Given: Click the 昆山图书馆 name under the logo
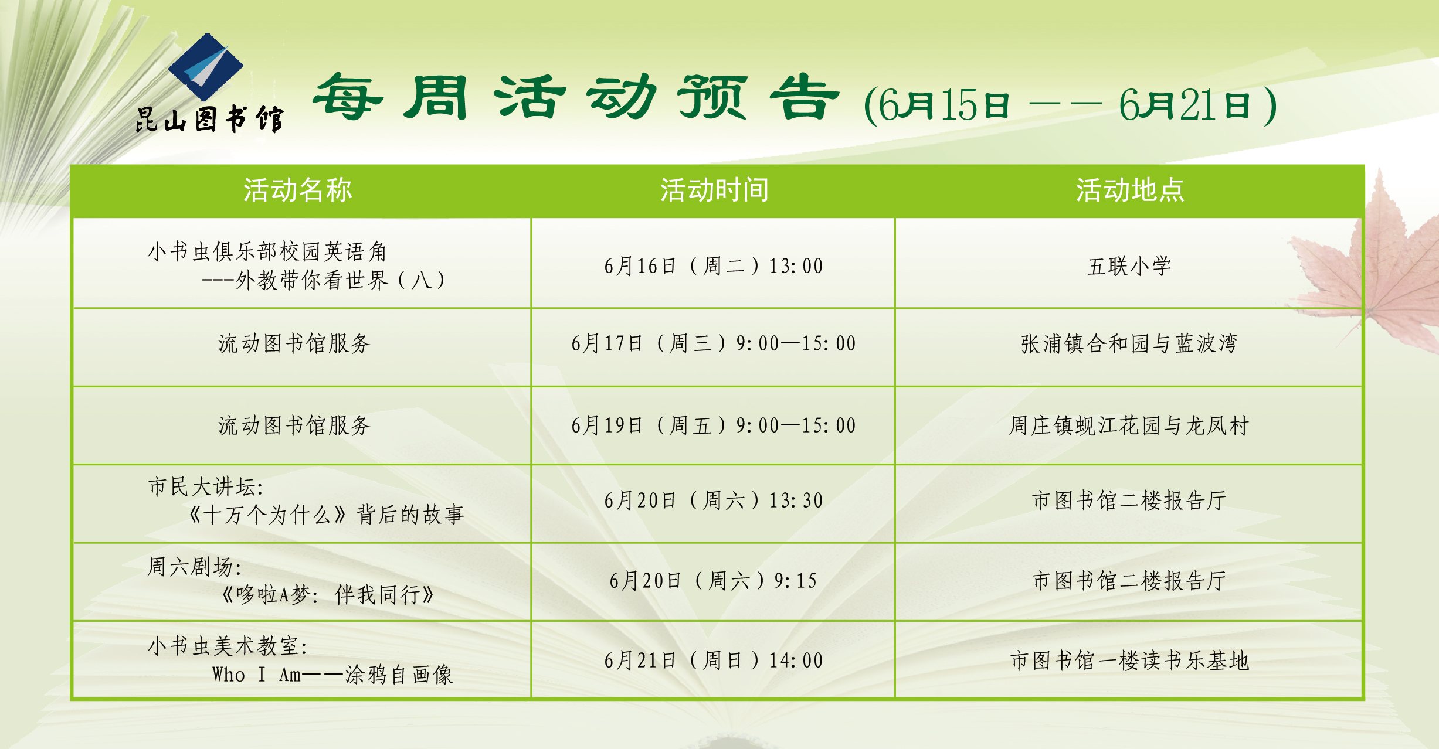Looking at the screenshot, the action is [209, 120].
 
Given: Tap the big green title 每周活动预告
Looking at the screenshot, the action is [576, 97].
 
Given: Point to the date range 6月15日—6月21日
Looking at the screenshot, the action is [1070, 105].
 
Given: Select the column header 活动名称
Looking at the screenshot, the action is [298, 190].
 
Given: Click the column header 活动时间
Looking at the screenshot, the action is [714, 190].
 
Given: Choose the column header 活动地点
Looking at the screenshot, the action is [1130, 190].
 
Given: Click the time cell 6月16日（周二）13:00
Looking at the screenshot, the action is [714, 266].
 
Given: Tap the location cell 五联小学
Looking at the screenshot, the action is [1129, 266].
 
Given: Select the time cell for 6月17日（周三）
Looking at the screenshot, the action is [714, 343].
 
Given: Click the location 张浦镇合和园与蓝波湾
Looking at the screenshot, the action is [1129, 343].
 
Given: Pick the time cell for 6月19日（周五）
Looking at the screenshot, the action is [714, 425].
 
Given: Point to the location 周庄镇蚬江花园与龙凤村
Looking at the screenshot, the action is [1129, 425].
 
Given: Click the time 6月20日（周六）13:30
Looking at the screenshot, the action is [714, 501].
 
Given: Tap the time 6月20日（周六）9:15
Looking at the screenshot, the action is [714, 581].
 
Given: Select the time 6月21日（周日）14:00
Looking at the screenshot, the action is [714, 661].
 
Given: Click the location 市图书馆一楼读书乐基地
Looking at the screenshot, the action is [1129, 661].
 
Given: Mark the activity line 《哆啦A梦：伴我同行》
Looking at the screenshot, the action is [327, 595].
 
